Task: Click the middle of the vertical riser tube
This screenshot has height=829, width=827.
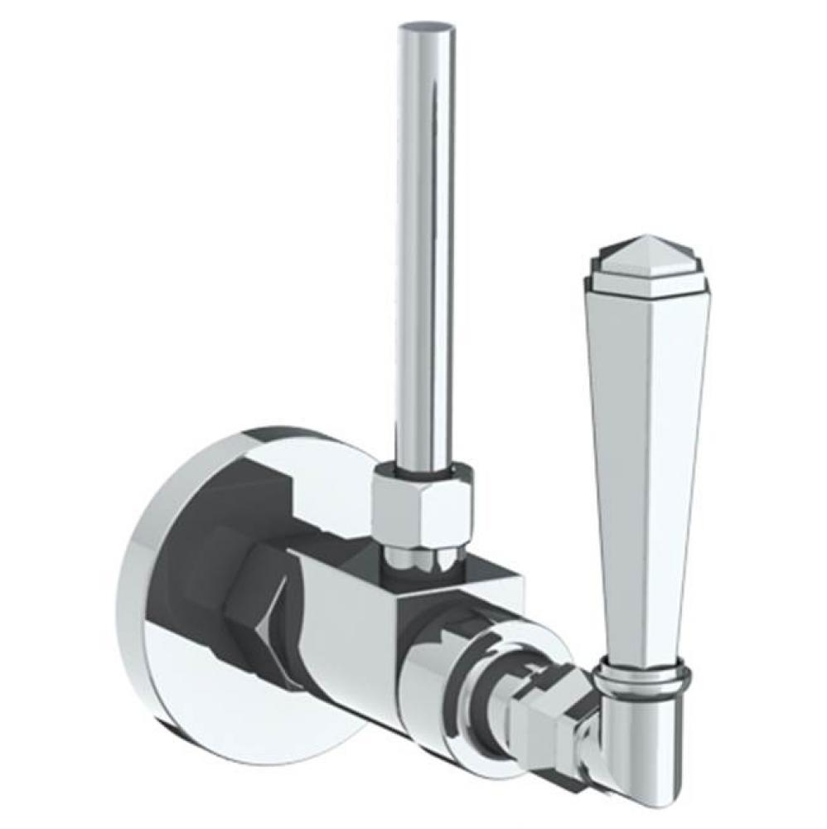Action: [x=425, y=249]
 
